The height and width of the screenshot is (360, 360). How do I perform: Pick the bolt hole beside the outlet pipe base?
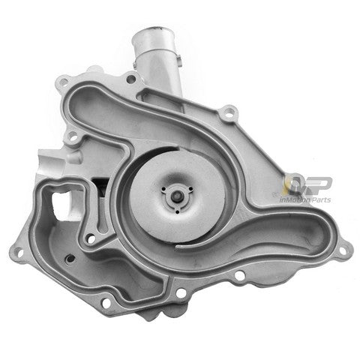(x=131, y=78)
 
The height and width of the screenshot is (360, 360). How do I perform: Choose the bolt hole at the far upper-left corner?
(x=64, y=80)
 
